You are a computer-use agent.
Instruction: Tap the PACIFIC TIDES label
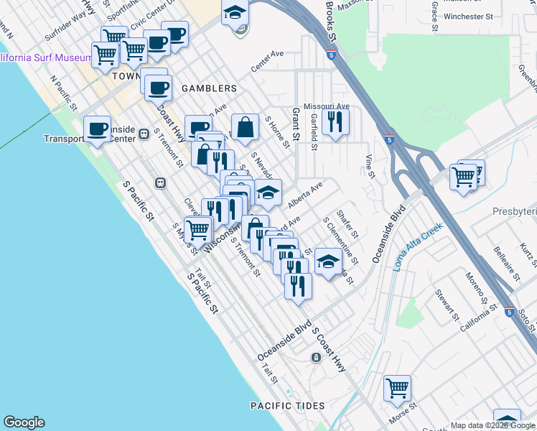(x=287, y=406)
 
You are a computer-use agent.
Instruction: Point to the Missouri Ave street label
(x=326, y=106)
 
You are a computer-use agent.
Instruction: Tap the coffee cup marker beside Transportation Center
(x=98, y=129)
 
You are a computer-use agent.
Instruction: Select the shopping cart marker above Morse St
(x=397, y=388)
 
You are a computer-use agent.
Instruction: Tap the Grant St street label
(x=295, y=124)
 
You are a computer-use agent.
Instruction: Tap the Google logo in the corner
(x=24, y=422)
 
